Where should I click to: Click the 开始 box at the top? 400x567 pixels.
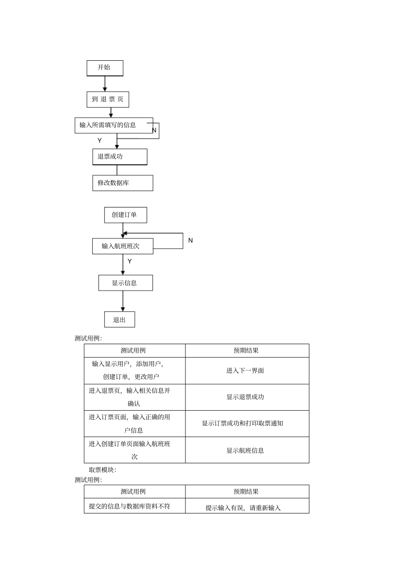pos(104,68)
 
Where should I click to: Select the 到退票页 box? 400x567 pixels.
pos(108,99)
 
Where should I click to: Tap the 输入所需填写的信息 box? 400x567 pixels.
pos(113,125)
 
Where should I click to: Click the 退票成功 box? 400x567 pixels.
pos(120,156)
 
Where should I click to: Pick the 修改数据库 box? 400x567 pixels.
pos(123,183)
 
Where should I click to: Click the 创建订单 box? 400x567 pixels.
pos(125,215)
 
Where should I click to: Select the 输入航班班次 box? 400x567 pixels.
pos(123,246)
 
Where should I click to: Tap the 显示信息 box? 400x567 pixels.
pos(125,283)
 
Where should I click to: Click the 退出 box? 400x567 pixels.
pos(120,320)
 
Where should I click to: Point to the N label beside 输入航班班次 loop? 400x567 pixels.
pos(190,240)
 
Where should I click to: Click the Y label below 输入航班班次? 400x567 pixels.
pos(130,261)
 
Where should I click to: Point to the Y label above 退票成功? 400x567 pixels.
pos(100,141)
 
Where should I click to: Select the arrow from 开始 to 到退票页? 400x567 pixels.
pos(105,84)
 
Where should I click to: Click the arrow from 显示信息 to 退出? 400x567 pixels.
pos(123,301)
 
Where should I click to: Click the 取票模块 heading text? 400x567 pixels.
pos(102,470)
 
